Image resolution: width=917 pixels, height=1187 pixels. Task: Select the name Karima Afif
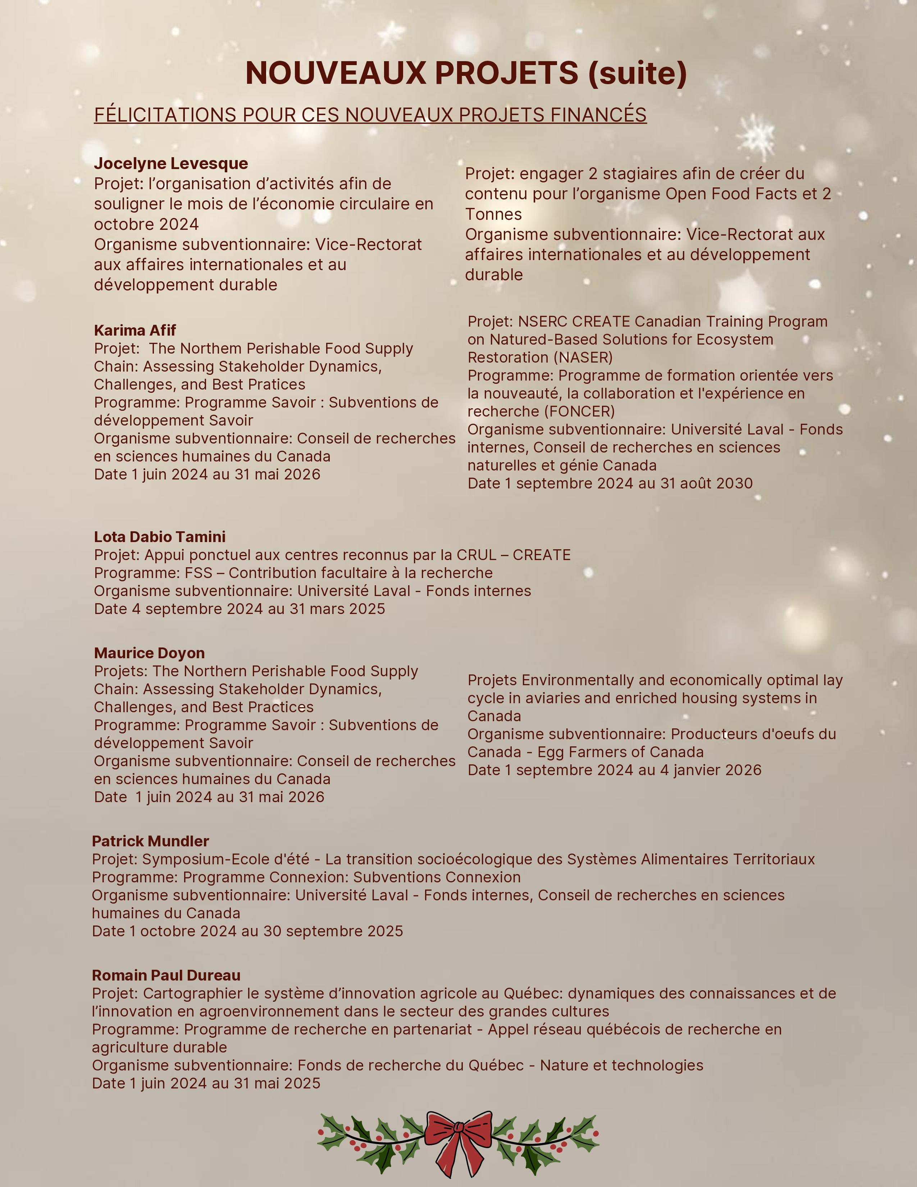(x=135, y=331)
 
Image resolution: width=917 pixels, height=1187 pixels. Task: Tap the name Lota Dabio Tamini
(x=160, y=537)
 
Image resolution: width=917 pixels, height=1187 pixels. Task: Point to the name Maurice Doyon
(x=149, y=653)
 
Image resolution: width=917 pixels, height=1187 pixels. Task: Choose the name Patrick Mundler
(x=150, y=841)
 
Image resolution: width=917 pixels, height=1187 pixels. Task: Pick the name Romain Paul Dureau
(x=166, y=975)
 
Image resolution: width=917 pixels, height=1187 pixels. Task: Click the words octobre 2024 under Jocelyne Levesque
(x=146, y=224)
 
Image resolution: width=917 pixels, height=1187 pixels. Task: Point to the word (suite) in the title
(x=637, y=73)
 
